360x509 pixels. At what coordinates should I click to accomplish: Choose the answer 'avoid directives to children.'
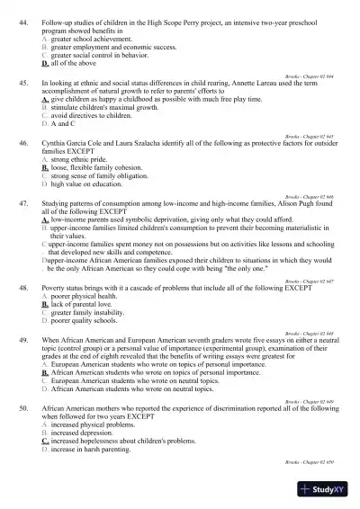coord(91,116)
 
